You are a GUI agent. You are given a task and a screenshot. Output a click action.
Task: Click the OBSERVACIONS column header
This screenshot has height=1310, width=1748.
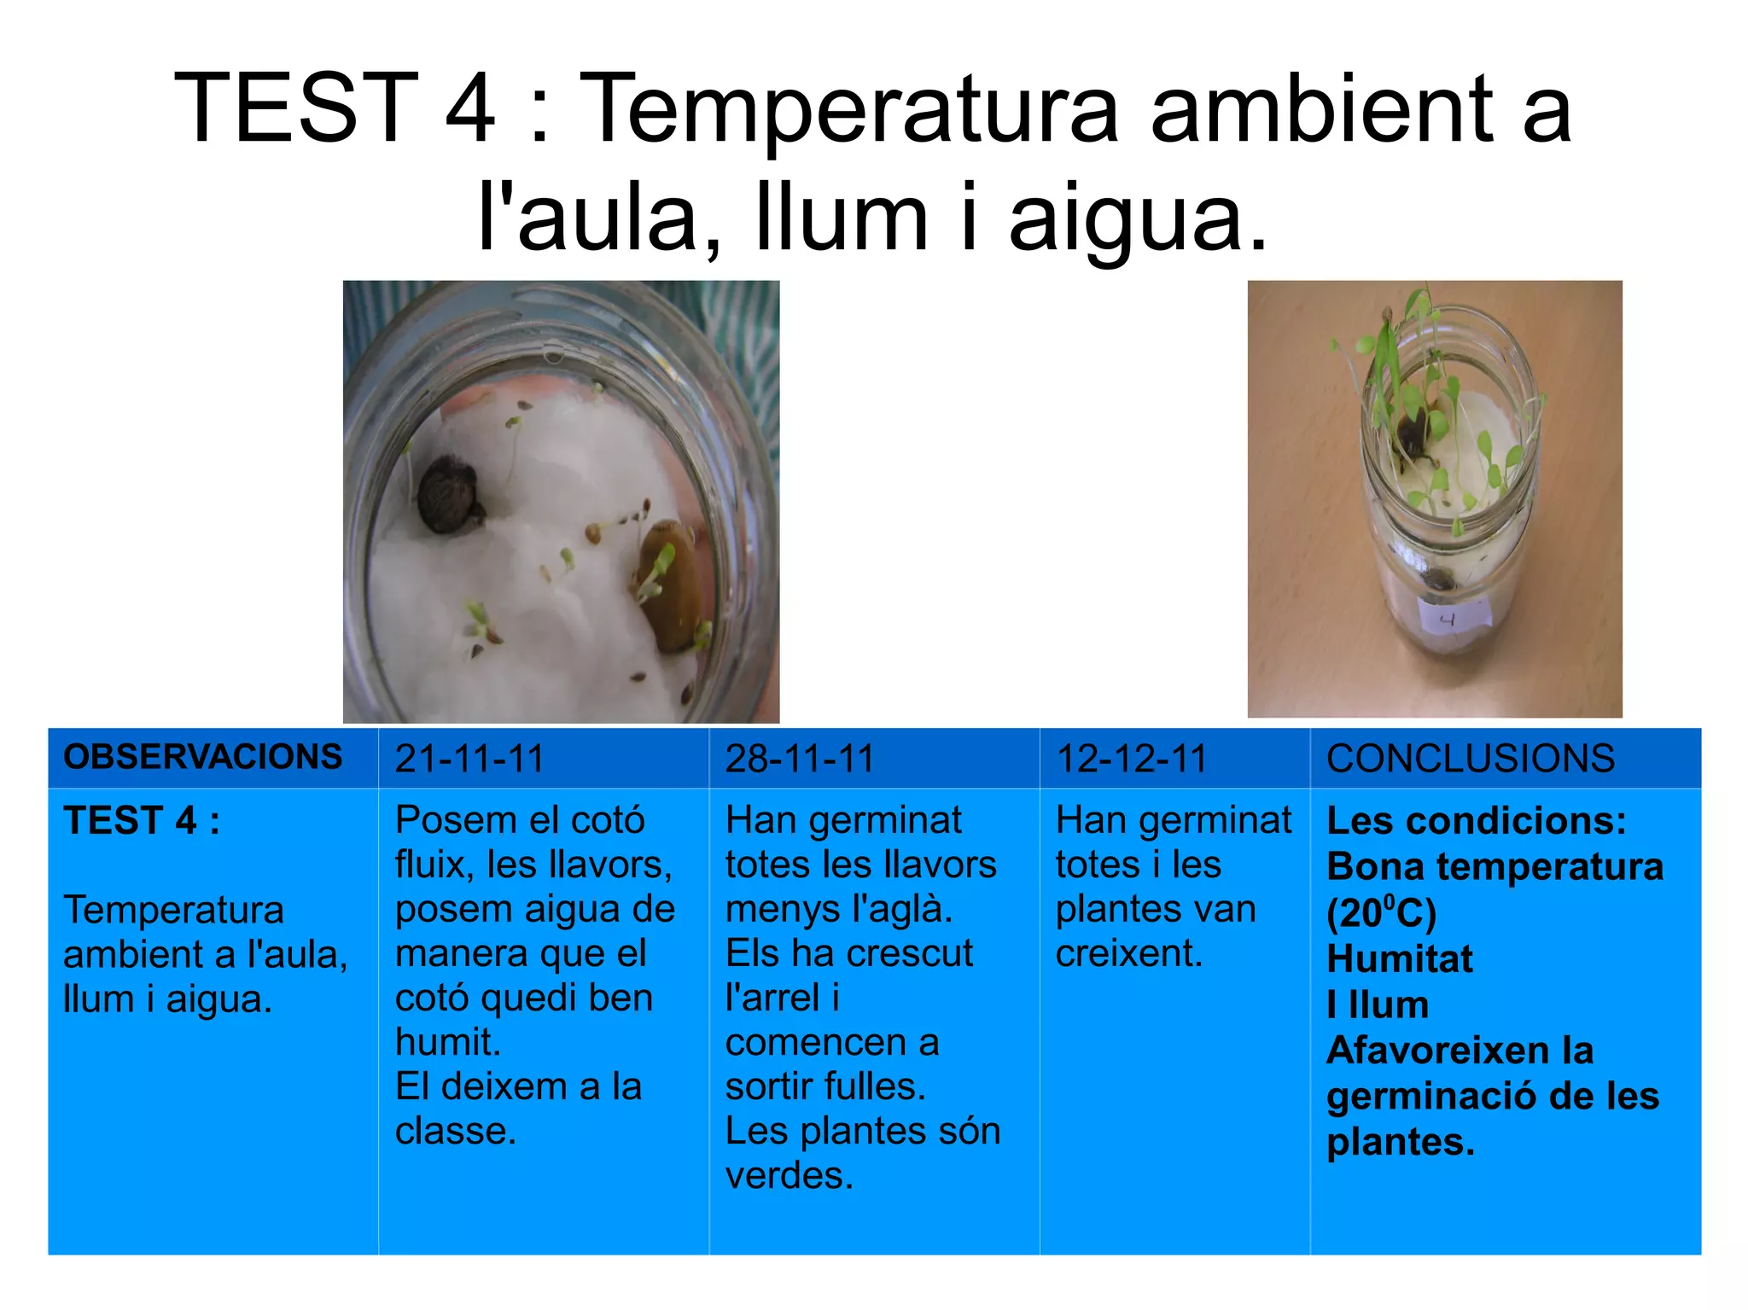pos(202,757)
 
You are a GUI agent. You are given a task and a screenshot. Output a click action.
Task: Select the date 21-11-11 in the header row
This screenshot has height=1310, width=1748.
pos(469,759)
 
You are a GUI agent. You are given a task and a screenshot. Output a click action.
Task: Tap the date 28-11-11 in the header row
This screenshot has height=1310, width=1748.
pos(800,759)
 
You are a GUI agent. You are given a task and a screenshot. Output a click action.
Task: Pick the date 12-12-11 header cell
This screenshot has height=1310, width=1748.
pos(1131,759)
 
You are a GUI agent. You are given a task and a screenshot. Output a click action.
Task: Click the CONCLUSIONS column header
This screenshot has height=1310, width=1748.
pos(1470,759)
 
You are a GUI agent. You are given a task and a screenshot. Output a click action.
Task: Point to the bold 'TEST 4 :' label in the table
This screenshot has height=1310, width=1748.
pos(142,821)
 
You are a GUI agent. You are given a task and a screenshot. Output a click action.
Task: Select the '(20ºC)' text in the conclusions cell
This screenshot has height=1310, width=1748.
pos(1381,913)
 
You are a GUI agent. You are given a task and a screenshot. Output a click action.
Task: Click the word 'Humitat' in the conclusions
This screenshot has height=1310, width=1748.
pos(1399,959)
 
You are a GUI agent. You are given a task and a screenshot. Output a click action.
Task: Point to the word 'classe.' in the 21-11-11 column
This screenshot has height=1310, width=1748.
pos(456,1132)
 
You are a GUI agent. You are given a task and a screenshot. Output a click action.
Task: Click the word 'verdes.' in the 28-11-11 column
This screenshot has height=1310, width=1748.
pos(790,1176)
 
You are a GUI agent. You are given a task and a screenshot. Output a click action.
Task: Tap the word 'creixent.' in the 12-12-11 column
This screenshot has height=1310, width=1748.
pos(1129,954)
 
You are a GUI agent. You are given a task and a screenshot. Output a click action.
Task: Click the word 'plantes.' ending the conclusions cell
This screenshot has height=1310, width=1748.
pos(1400,1142)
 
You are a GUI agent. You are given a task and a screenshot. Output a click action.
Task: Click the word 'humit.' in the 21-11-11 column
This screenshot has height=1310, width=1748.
pos(448,1043)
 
